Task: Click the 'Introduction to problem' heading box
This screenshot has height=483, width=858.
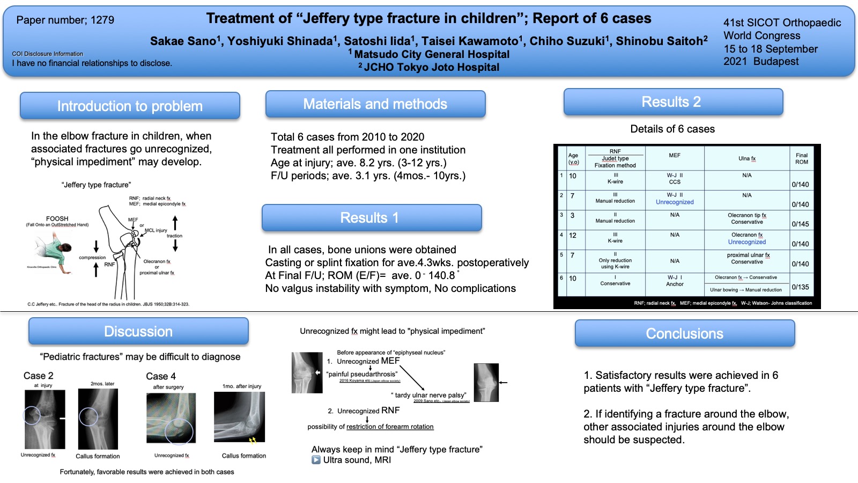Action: click(x=130, y=106)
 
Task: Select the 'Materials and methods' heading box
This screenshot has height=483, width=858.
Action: click(x=375, y=104)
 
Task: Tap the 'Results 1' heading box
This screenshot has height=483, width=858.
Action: click(x=372, y=217)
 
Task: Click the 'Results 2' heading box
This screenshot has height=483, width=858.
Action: click(x=673, y=102)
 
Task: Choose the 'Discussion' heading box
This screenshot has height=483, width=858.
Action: click(x=138, y=331)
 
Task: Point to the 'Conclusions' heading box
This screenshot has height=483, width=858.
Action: click(x=684, y=333)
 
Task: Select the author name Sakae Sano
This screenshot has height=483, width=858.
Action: click(x=183, y=41)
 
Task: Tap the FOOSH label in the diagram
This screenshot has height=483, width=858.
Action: click(x=57, y=218)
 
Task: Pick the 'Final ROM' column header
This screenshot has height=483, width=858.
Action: click(x=801, y=158)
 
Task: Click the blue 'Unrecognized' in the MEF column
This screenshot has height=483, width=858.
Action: click(x=675, y=202)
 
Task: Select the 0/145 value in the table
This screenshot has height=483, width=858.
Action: click(x=800, y=224)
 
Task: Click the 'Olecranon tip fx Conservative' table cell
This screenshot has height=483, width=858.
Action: click(x=746, y=218)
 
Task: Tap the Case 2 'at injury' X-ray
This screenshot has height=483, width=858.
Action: click(x=45, y=419)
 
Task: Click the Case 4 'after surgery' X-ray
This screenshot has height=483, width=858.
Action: click(x=171, y=418)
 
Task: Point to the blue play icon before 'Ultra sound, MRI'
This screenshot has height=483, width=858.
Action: click(x=316, y=460)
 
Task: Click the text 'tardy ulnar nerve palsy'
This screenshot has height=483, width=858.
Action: click(x=431, y=395)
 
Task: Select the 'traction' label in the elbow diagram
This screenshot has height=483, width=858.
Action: click(x=174, y=236)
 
